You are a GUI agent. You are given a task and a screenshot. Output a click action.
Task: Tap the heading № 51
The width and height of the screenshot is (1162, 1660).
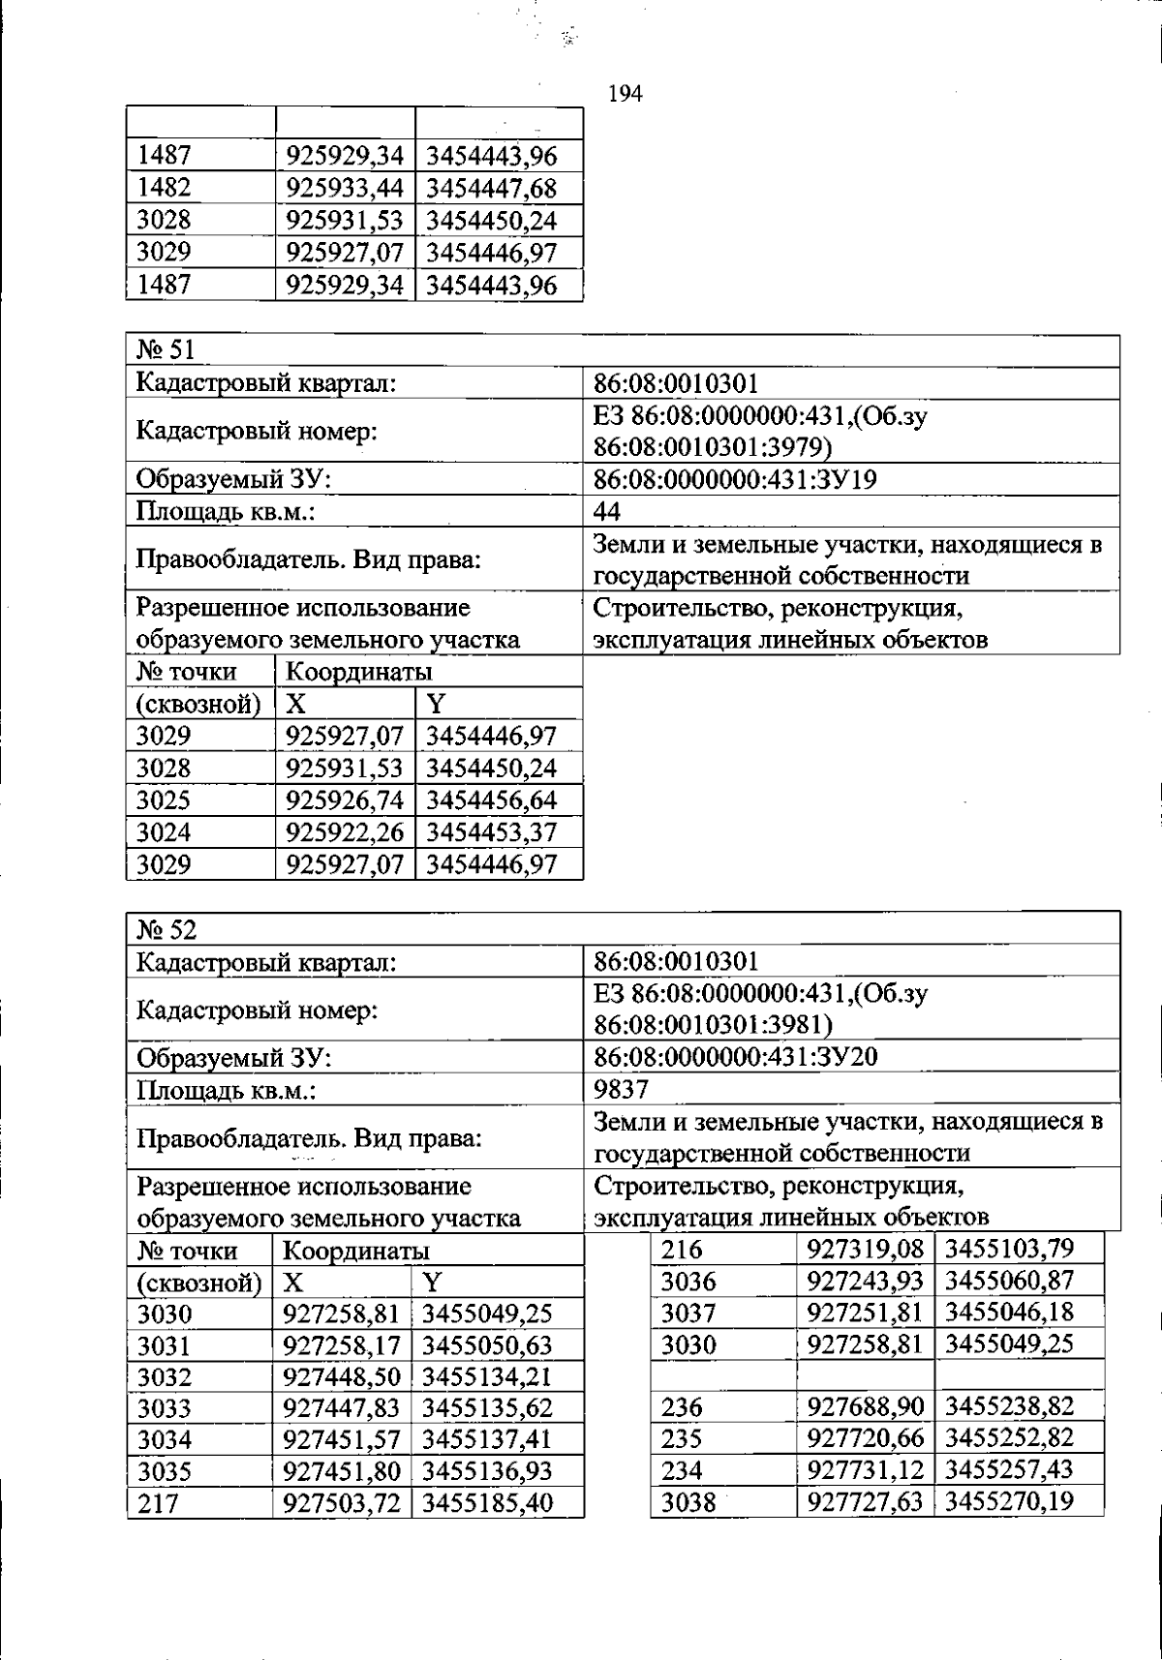click(166, 350)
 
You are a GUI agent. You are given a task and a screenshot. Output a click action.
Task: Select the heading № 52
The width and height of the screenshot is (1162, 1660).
click(167, 929)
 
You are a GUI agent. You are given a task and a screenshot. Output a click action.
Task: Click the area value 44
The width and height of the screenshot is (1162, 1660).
click(607, 511)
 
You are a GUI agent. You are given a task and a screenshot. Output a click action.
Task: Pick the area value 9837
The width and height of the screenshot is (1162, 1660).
click(621, 1089)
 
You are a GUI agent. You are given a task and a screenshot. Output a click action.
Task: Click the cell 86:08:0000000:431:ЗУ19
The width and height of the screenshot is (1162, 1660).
click(735, 479)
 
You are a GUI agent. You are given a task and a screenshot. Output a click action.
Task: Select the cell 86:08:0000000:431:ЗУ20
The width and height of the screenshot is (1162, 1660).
click(735, 1057)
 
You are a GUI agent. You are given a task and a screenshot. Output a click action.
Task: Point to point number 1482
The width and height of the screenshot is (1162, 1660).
click(164, 188)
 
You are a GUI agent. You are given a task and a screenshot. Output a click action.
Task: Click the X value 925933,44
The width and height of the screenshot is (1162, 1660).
click(344, 188)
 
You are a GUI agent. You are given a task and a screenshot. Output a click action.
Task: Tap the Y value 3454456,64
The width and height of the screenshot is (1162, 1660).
click(491, 800)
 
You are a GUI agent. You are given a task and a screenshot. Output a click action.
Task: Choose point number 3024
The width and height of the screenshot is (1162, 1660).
click(164, 831)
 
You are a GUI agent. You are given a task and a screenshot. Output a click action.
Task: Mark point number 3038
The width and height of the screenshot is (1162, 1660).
click(688, 1501)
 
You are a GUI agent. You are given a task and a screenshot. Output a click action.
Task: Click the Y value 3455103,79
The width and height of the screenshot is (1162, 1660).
click(1009, 1248)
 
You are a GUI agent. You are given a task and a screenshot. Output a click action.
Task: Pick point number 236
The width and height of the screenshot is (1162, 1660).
click(682, 1405)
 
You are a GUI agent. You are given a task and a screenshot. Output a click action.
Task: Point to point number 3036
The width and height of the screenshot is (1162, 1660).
click(688, 1281)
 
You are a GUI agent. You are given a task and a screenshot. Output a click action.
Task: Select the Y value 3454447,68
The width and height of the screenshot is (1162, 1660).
click(491, 188)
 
